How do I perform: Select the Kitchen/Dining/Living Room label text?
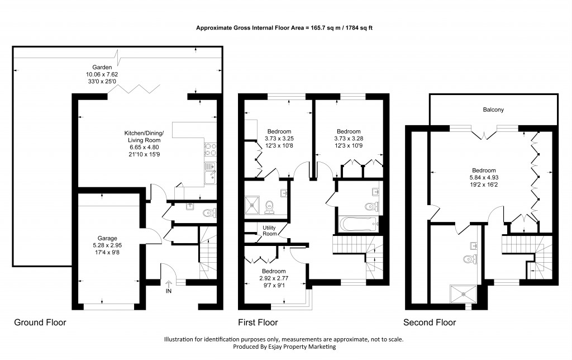(144, 136)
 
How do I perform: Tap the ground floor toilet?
(209, 212)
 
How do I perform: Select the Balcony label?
(493, 110)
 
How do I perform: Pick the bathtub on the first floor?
(358, 225)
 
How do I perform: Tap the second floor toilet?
(469, 259)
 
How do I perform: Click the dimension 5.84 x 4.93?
(484, 178)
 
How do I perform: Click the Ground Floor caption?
(40, 323)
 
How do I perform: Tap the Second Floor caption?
(430, 323)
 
